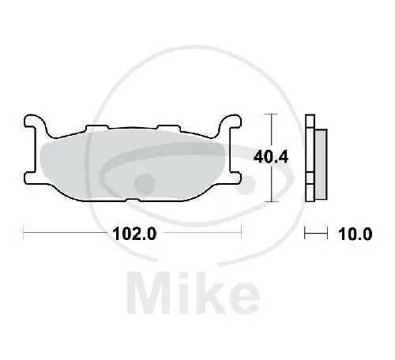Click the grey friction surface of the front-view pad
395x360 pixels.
[130, 162]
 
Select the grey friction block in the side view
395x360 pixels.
[322, 161]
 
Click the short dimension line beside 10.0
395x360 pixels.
[316, 233]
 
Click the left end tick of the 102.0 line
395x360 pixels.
[24, 233]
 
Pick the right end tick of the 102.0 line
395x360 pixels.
[241, 233]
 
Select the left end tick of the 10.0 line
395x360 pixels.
[307, 233]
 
